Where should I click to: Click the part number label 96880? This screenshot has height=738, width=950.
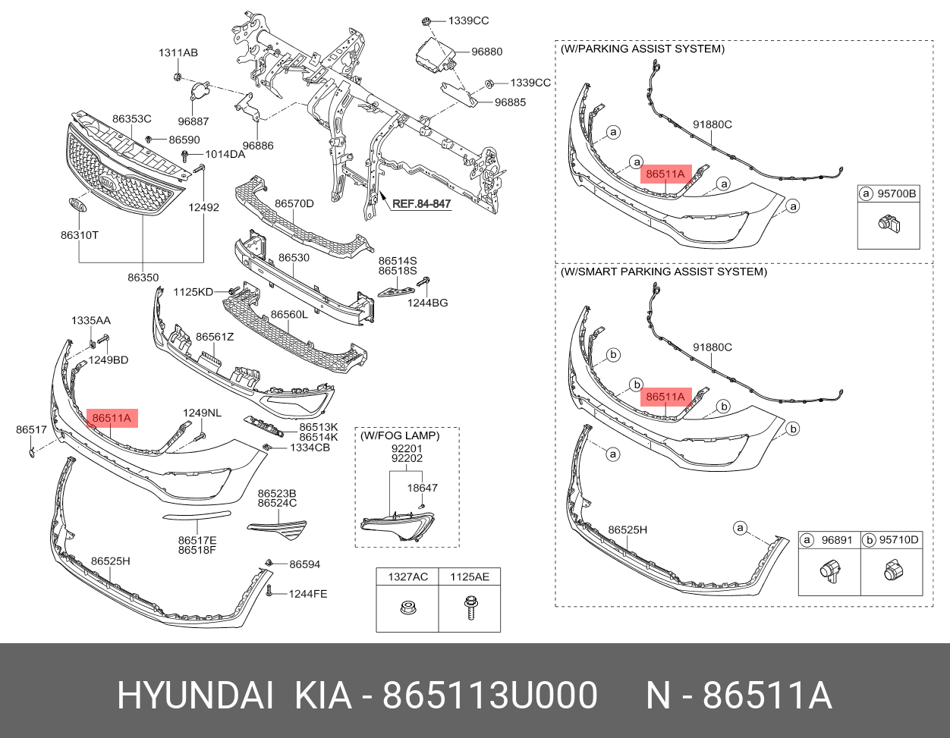click(x=486, y=52)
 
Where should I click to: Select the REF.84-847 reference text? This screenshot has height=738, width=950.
click(x=421, y=203)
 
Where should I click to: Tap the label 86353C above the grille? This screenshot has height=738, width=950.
click(x=132, y=118)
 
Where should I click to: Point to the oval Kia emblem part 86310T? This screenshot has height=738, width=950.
click(x=78, y=205)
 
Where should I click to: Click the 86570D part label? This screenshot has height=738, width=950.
click(x=294, y=203)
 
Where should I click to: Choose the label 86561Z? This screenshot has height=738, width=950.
click(x=215, y=337)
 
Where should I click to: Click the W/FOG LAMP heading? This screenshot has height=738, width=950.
click(x=400, y=435)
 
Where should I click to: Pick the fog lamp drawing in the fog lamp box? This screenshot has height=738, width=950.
click(x=397, y=526)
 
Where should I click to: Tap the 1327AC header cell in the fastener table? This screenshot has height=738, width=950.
click(x=407, y=576)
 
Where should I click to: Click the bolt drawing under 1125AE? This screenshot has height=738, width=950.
click(x=470, y=608)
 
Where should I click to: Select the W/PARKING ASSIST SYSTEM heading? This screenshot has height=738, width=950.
click(x=643, y=49)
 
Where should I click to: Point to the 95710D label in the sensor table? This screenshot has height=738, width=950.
click(x=899, y=540)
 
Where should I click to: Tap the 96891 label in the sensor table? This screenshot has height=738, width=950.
click(x=837, y=540)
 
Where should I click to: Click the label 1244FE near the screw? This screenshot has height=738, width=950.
click(x=308, y=593)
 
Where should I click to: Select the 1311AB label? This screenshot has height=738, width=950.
click(x=178, y=52)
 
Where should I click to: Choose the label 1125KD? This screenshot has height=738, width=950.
click(x=193, y=291)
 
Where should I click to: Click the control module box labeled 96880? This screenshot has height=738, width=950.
click(x=436, y=54)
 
